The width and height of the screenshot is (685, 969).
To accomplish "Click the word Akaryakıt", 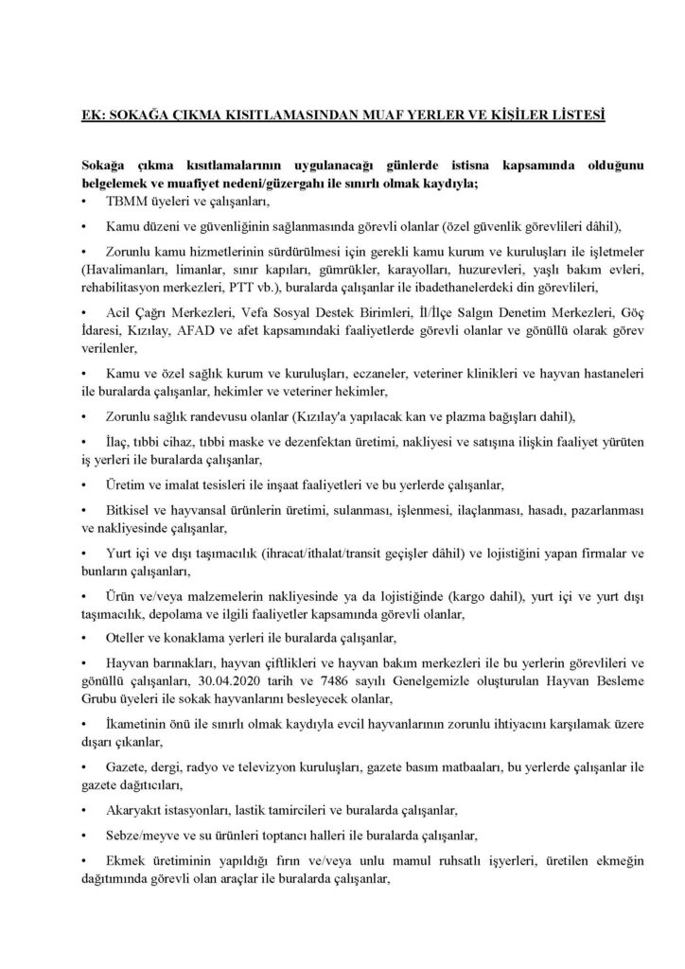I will (x=139, y=811).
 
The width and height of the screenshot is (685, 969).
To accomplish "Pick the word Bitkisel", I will (x=133, y=511).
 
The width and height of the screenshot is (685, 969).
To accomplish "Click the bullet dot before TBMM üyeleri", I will (x=87, y=202).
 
